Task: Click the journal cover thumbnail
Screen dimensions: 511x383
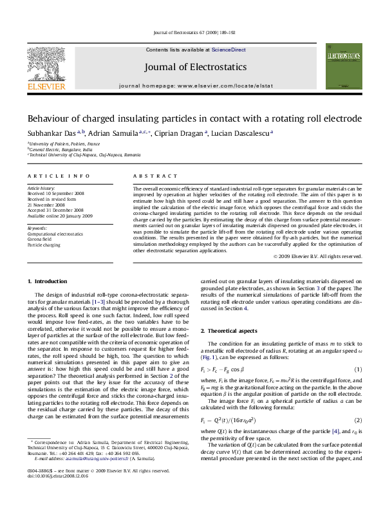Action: tap(341, 66)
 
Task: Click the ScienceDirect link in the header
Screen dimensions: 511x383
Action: tap(229, 50)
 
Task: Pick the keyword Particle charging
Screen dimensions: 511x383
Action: tap(44, 245)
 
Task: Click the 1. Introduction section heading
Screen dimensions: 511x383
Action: tap(49, 282)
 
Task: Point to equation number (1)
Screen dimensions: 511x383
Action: tap(359, 369)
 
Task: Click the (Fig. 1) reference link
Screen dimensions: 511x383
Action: tap(211, 357)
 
